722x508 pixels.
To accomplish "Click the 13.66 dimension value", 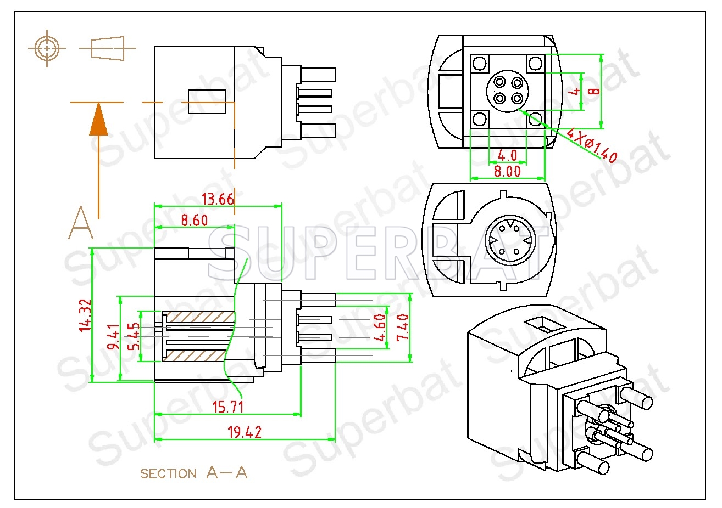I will click(x=218, y=199).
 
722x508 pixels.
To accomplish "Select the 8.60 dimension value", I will click(x=194, y=220).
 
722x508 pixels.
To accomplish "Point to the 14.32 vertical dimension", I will click(x=85, y=315).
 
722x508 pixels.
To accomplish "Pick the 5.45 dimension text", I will click(x=134, y=336).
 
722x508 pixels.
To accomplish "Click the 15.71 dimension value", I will click(x=228, y=407).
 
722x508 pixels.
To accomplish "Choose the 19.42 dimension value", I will click(x=245, y=432).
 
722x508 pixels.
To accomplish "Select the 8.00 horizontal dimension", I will click(x=507, y=171).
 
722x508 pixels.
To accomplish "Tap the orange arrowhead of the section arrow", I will click(x=98, y=119).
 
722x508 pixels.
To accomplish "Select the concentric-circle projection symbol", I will click(x=47, y=49).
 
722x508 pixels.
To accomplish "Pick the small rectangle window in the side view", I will click(x=207, y=101).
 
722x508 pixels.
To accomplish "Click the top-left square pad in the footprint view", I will click(x=480, y=63).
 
